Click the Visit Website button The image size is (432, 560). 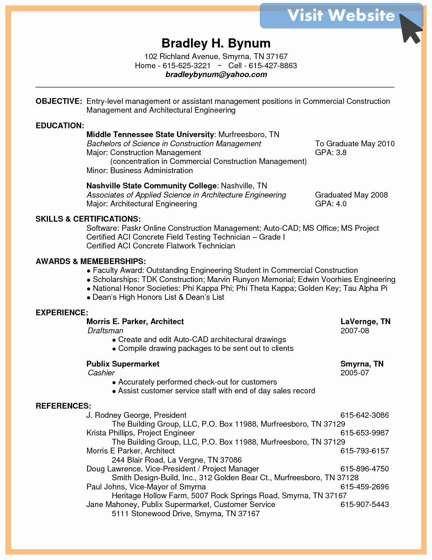tap(341, 16)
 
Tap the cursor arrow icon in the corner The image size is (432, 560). tap(411, 29)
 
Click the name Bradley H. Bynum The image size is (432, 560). tap(216, 43)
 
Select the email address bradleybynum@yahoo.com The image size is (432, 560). tap(216, 74)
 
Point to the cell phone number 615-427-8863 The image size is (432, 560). tap(273, 66)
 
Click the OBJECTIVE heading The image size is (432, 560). tap(59, 101)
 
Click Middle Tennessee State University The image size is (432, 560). tap(150, 134)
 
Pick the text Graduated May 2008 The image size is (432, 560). tap(351, 195)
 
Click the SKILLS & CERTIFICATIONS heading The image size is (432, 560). tap(88, 219)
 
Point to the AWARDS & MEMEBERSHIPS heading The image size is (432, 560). tap(90, 261)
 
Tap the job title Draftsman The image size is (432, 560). tap(105, 331)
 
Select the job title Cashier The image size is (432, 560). tap(101, 373)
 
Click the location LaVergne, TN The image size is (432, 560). tap(365, 321)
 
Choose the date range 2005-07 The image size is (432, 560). tap(354, 373)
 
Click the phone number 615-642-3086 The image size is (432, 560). tap(364, 415)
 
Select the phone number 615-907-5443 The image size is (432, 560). tap(364, 504)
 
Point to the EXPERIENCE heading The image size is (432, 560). tap(62, 313)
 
